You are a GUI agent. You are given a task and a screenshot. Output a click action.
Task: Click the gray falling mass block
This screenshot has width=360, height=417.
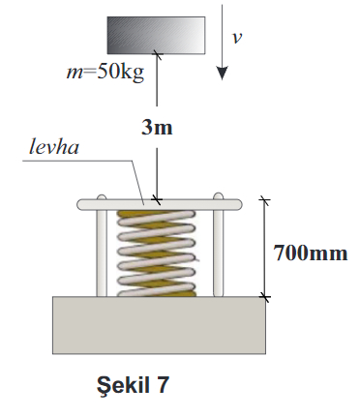pos(156,35)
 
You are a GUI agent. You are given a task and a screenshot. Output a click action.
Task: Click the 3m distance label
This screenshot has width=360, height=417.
pos(156,128)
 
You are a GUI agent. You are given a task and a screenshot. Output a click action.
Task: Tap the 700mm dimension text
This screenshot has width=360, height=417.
pos(307,253)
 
